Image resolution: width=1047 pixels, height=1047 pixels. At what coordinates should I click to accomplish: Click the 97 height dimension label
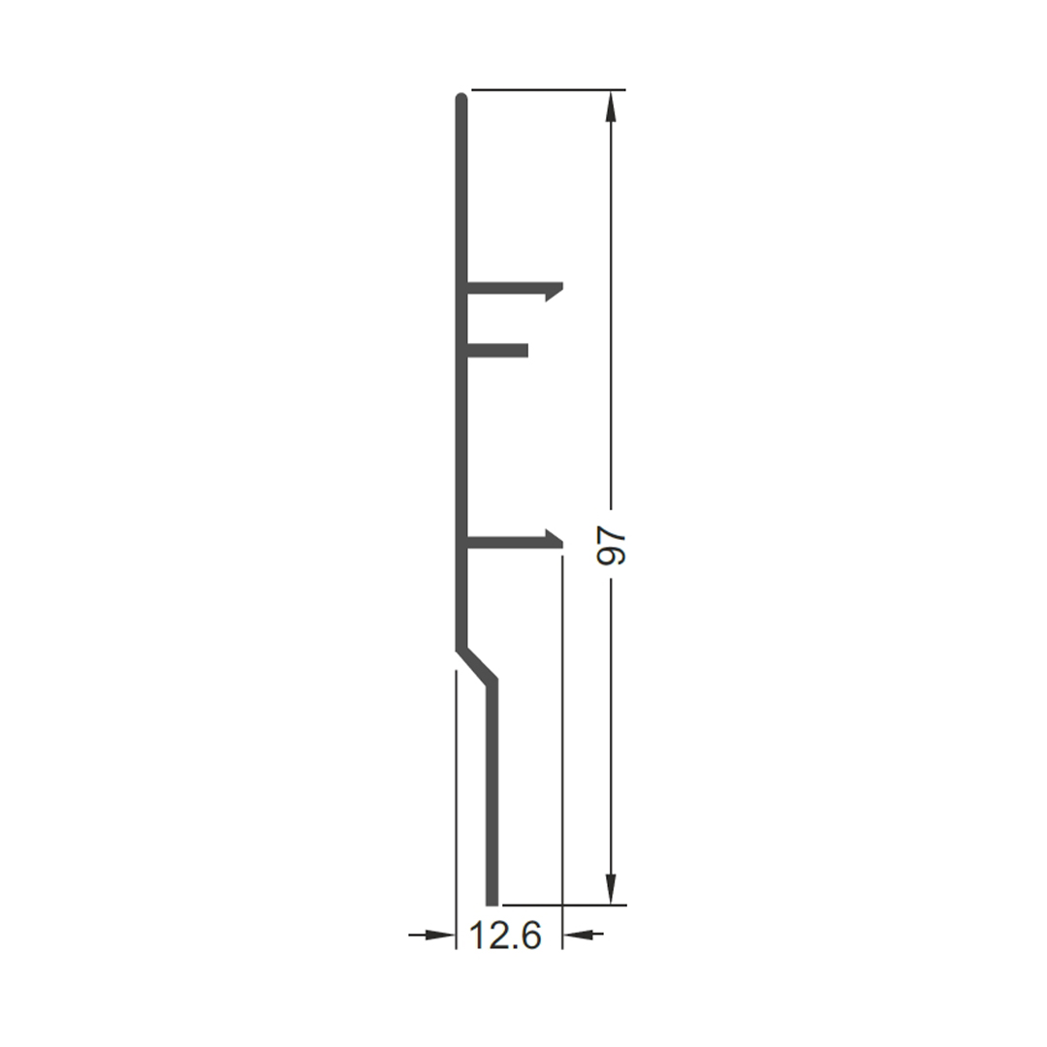pos(611,545)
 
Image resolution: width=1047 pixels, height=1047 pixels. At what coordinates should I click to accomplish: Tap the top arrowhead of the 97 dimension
pos(611,107)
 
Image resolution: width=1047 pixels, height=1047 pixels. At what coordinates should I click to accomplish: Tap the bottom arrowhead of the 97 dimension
pos(611,888)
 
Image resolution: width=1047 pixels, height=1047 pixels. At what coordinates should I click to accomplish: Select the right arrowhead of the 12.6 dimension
pos(579,934)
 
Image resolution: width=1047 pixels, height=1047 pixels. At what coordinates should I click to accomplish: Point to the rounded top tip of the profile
pos(460,98)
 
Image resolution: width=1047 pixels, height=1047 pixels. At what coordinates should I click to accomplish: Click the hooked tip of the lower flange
pos(555,540)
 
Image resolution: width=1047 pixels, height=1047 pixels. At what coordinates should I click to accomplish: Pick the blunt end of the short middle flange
pos(526,350)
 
